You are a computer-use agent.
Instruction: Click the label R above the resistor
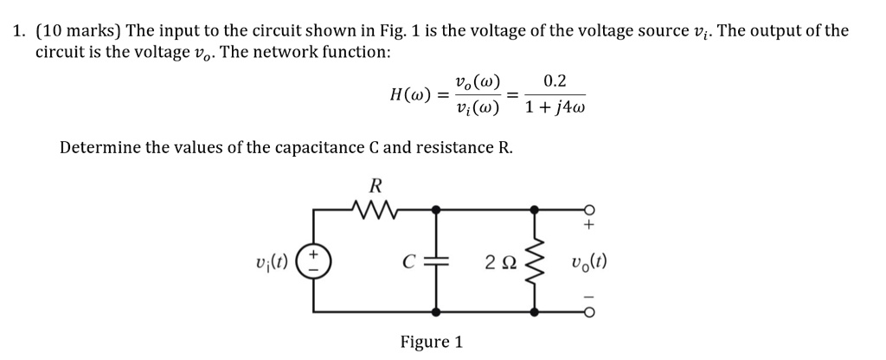[x=375, y=183]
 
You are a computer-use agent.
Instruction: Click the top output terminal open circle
[x=589, y=209]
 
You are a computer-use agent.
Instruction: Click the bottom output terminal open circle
[x=589, y=312]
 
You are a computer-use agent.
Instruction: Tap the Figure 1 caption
[x=431, y=342]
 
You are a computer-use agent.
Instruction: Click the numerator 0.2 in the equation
[x=555, y=82]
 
